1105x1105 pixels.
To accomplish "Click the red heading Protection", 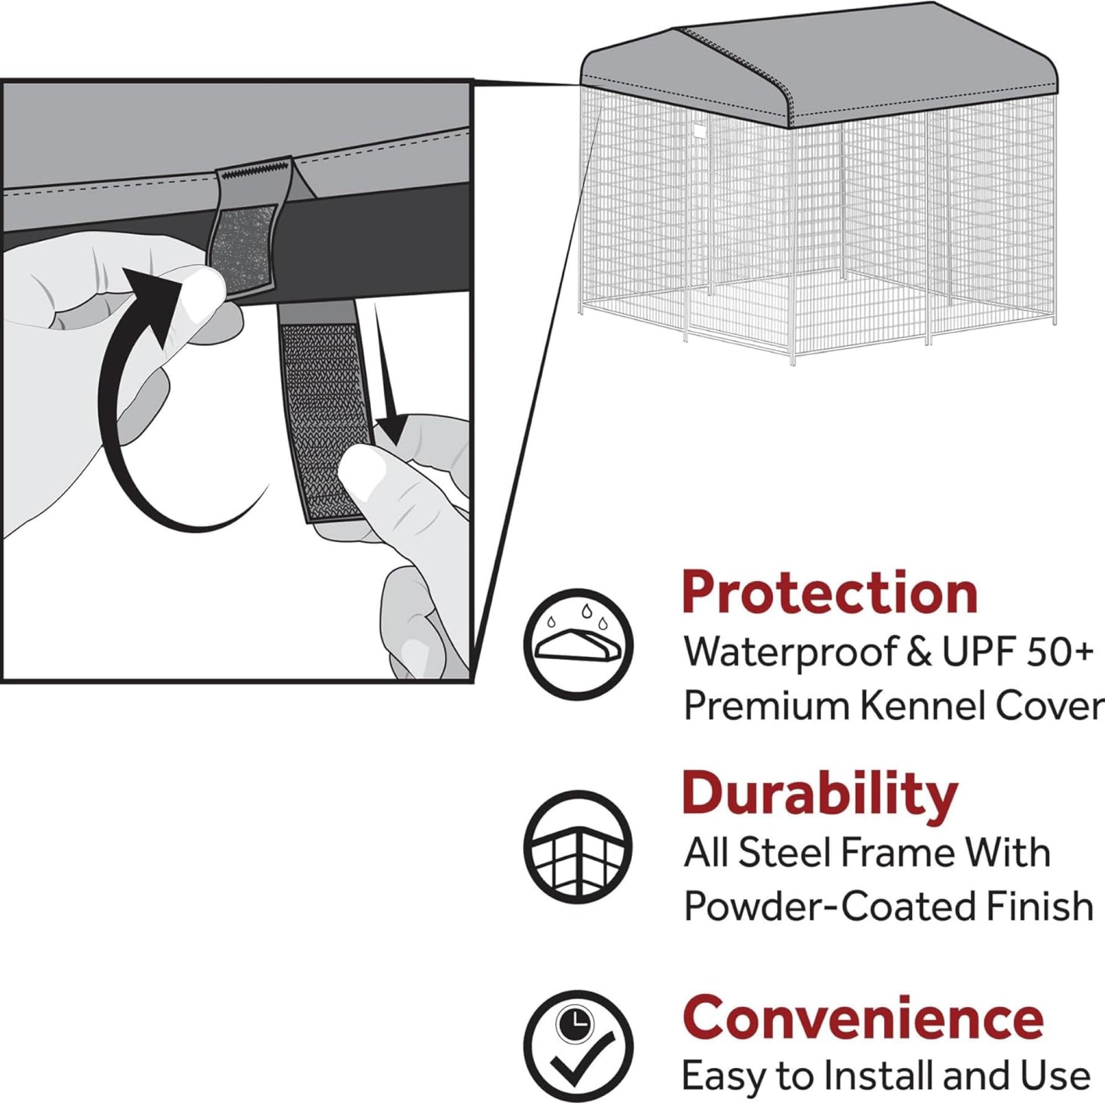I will coord(830,593).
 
